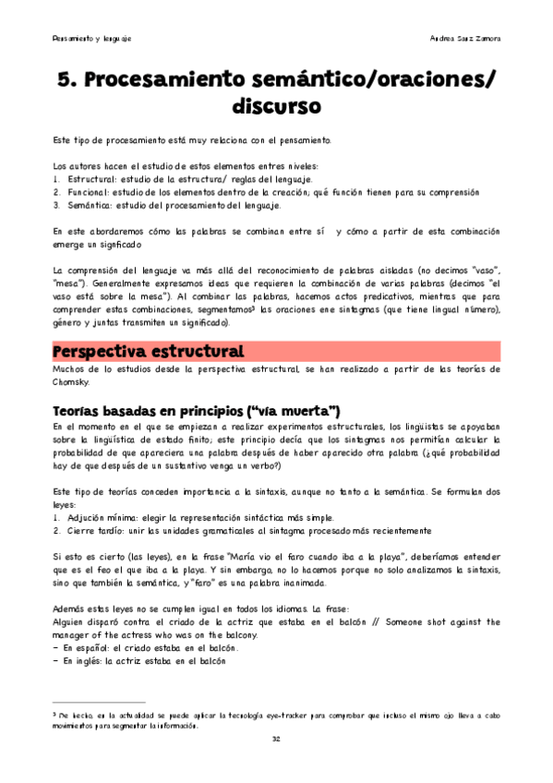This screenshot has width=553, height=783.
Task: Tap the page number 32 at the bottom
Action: pos(276,739)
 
